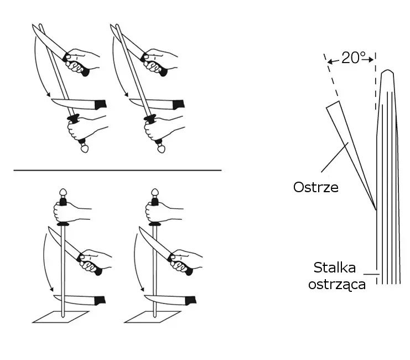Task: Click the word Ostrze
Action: click(315, 187)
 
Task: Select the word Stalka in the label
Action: click(336, 269)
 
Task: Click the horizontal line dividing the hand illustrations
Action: click(117, 170)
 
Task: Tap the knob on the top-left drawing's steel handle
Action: click(84, 148)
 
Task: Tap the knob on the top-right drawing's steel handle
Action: click(161, 148)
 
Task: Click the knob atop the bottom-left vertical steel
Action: click(64, 194)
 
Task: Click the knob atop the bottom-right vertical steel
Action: click(154, 194)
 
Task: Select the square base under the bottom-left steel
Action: click(60, 316)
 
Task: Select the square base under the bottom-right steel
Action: click(152, 316)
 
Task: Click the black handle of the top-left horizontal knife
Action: click(101, 104)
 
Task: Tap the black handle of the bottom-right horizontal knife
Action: click(190, 301)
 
